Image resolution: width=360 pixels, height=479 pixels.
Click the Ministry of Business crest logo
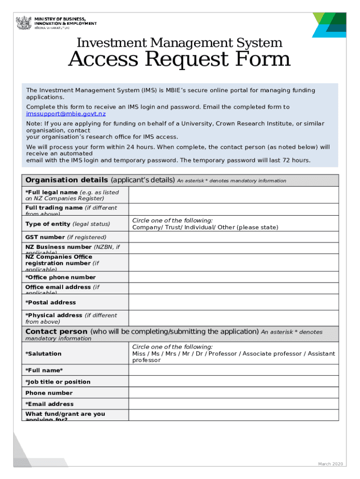23,23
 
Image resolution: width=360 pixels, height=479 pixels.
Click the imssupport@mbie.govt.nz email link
66,114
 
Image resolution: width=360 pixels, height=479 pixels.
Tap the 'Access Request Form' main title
180,60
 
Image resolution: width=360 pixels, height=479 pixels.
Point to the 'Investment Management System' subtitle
180,43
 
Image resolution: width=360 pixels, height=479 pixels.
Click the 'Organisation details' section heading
67,180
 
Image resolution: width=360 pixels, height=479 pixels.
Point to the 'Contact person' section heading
56,332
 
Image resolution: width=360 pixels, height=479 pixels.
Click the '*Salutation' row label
43,354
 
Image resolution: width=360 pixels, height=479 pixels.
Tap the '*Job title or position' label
58,382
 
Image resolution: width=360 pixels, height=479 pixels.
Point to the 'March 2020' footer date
331,464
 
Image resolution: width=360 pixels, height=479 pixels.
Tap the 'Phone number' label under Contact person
49,393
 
